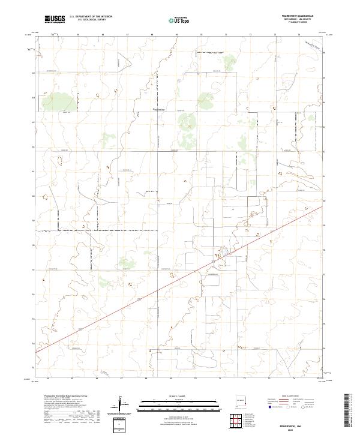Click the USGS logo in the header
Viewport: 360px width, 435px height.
point(55,19)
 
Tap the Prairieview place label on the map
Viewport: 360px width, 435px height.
point(158,110)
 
